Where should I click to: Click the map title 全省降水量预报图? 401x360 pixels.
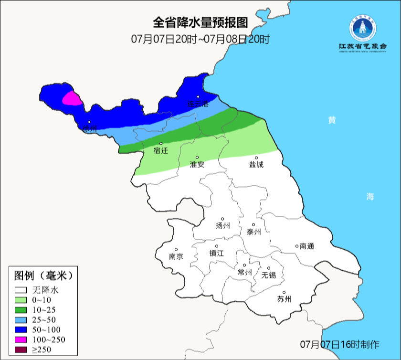coord(200,22)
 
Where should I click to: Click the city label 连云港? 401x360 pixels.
coord(198,104)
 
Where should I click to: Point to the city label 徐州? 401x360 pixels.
coord(90,128)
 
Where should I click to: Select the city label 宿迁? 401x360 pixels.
coord(161,151)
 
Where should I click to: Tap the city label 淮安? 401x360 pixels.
coord(197,164)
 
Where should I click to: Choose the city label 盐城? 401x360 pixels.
coord(256,164)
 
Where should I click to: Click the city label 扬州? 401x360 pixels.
coord(223,225)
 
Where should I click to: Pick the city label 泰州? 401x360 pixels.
coord(254,232)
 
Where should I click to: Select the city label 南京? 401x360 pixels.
coord(176,256)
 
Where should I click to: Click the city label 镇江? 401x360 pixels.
coord(217,254)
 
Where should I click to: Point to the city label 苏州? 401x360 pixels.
coord(284,299)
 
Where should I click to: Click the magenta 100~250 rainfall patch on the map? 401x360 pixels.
coord(72,98)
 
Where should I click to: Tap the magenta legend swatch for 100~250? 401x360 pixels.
coord(21,340)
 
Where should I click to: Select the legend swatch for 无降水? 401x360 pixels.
coord(21,290)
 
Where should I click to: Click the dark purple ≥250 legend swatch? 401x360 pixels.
coord(21,350)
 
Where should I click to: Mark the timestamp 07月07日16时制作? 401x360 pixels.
coord(339,344)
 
